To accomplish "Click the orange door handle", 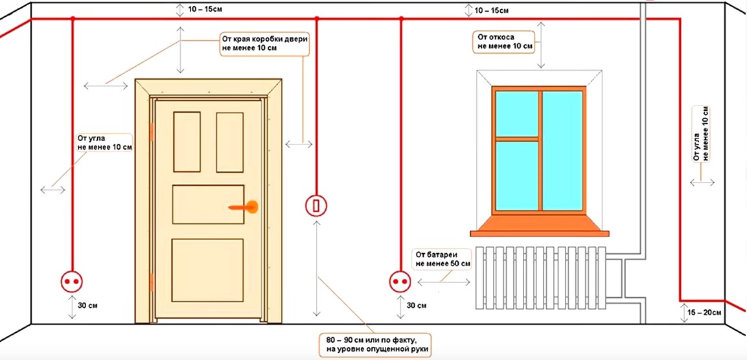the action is [244, 207].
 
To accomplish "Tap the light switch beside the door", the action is [316, 206].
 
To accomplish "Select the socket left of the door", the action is [71, 282].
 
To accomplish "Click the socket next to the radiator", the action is [400, 282].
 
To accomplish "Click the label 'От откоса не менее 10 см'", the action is [502, 41].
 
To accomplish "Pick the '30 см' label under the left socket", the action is [89, 305].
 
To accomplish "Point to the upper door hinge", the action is [152, 132].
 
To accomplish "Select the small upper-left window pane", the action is [516, 113].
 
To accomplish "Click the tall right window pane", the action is [562, 150].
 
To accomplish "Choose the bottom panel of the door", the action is [208, 270].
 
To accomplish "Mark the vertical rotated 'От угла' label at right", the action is [701, 134].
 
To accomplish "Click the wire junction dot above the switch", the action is [317, 19].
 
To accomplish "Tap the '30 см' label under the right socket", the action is [418, 305].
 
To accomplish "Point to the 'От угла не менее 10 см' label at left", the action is [104, 143].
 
